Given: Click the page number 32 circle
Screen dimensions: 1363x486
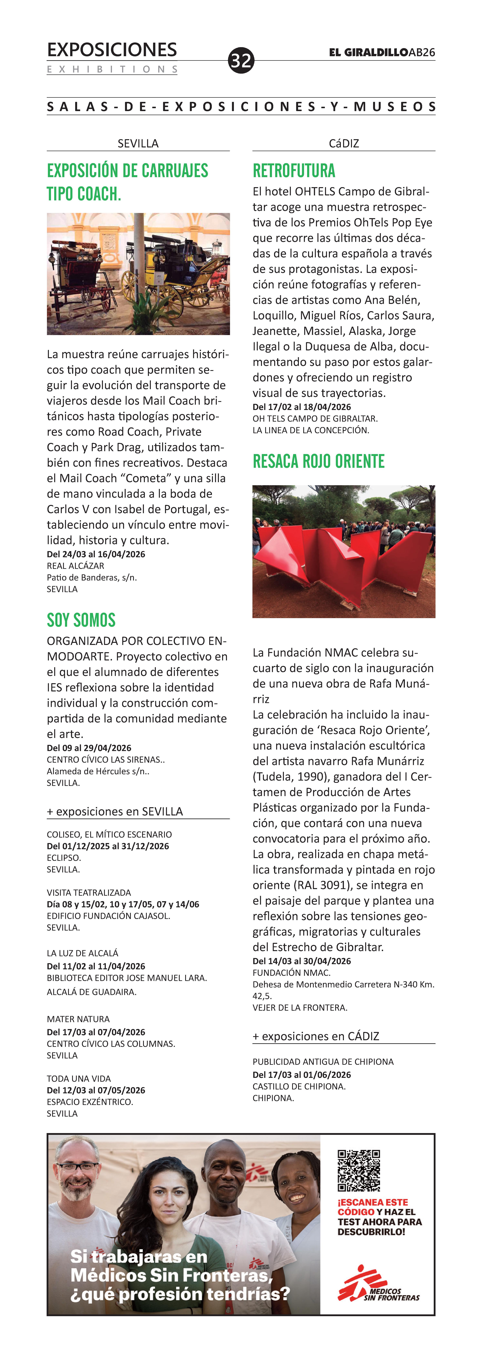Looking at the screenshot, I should [241, 60].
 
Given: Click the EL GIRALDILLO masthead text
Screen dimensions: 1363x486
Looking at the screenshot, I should [368, 52].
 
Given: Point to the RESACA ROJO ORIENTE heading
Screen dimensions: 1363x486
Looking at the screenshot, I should [318, 461].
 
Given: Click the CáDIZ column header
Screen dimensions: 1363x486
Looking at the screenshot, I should [344, 143].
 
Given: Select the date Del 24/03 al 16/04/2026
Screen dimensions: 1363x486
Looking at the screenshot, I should [96, 554].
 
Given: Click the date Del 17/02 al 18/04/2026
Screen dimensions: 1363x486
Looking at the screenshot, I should [301, 407].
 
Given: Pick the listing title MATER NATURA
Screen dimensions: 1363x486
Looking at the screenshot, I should [78, 1019].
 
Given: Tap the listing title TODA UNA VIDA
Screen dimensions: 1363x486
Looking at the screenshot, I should [79, 1078].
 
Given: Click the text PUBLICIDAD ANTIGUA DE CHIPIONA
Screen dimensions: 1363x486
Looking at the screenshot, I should [323, 1061].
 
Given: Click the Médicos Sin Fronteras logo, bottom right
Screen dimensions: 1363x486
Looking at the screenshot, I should [378, 1287].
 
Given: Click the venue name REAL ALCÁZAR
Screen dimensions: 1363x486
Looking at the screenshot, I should [76, 566].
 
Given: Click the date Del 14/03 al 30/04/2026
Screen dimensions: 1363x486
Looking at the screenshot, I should [301, 961].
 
